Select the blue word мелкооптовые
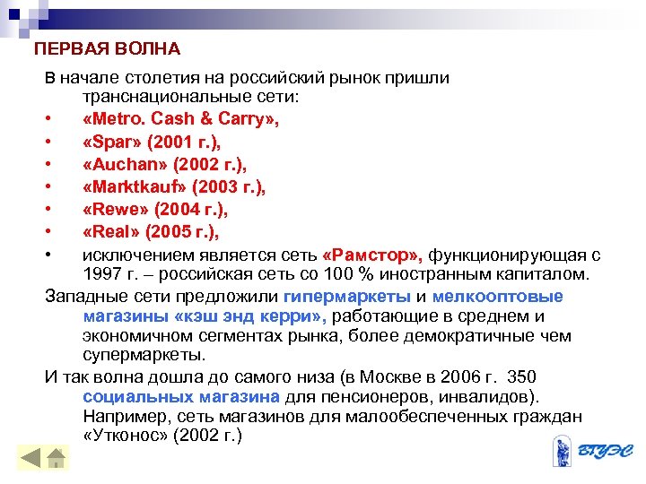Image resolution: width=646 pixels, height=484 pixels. click(x=497, y=297)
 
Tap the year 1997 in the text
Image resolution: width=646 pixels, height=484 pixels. click(x=102, y=273)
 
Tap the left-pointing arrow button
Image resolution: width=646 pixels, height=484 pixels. click(x=31, y=458)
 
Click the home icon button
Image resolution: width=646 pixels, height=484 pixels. click(x=57, y=458)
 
